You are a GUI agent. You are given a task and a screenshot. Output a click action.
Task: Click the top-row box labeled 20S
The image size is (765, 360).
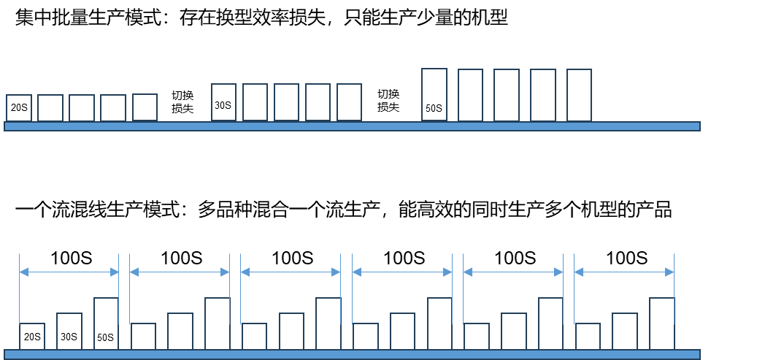click(19, 107)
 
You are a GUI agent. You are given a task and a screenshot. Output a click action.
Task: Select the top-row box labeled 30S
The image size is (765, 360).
click(223, 102)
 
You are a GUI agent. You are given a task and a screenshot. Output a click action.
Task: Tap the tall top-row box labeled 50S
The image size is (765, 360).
click(435, 95)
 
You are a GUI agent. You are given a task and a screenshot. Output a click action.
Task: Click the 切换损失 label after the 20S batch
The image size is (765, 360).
click(182, 102)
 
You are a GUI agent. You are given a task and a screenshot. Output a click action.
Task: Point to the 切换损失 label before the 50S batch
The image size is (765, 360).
click(388, 102)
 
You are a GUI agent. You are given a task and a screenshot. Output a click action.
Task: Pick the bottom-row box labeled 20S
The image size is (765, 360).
click(31, 337)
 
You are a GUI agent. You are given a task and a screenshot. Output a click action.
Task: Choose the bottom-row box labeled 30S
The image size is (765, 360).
click(69, 332)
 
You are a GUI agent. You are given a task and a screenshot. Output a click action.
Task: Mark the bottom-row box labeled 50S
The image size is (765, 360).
click(106, 323)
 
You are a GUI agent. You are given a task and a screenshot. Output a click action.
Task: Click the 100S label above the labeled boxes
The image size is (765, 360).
click(70, 258)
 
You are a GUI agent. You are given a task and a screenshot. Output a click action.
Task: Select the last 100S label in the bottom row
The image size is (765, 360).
click(626, 258)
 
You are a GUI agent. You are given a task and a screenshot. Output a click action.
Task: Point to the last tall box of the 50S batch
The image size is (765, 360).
click(579, 95)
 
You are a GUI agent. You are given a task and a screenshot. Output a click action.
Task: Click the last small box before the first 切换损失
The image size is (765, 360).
click(145, 107)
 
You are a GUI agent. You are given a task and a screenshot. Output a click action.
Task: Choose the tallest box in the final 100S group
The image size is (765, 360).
click(661, 323)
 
